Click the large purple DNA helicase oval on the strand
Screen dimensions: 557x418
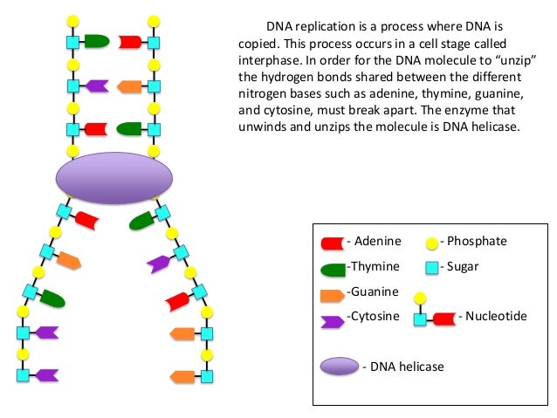pos(114,178)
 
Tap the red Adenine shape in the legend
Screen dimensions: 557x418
pos(333,243)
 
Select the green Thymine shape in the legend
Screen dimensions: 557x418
pos(333,270)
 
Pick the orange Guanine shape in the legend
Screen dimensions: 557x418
pos(332,296)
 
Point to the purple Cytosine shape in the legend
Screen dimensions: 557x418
pos(332,321)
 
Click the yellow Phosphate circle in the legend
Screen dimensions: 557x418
pos(432,243)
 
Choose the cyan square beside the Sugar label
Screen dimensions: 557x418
pos(432,268)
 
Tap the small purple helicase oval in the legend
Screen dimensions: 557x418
pos(340,367)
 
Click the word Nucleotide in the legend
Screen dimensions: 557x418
pos(496,316)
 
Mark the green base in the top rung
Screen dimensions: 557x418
pos(97,41)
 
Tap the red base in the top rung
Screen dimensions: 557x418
pos(130,42)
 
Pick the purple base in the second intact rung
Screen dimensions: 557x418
pos(97,86)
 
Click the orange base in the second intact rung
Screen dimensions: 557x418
pos(129,86)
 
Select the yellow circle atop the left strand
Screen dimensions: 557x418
pos(72,21)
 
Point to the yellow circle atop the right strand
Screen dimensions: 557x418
pos(154,21)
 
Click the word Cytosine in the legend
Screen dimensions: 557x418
pos(375,316)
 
